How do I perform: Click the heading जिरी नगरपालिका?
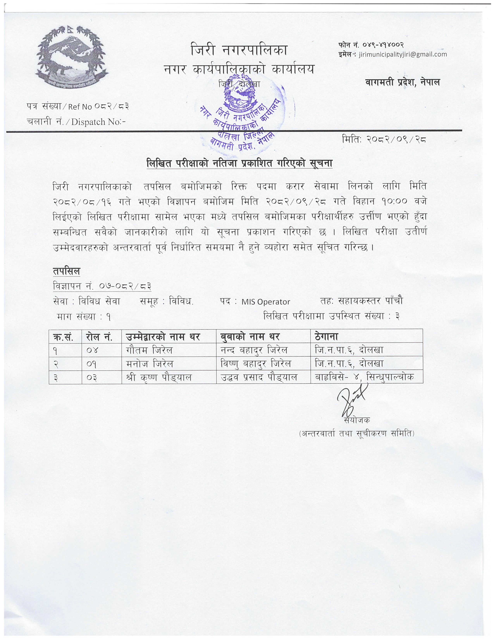click(239, 50)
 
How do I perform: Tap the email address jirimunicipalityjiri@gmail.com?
click(403, 54)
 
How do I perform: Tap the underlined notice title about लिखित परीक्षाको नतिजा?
click(239, 163)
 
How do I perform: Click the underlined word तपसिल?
click(66, 271)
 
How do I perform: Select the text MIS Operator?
click(265, 302)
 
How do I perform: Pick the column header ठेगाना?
click(326, 337)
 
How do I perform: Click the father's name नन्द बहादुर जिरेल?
click(254, 350)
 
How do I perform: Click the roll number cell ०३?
click(92, 378)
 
